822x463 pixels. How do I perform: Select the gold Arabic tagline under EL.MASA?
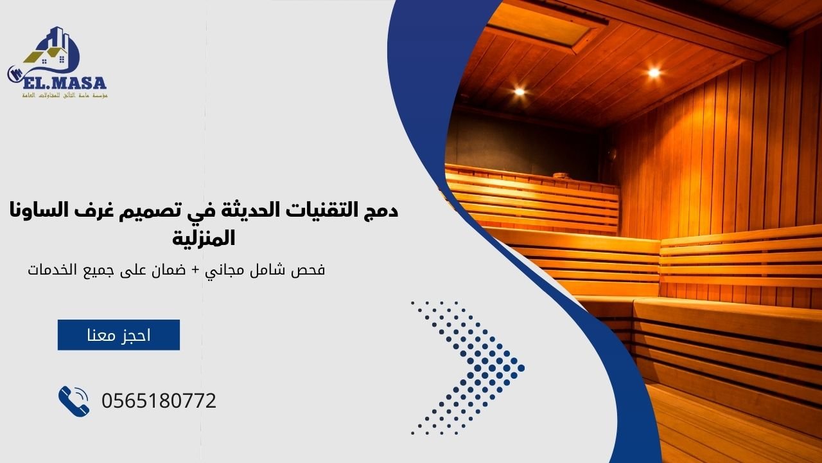click(x=64, y=95)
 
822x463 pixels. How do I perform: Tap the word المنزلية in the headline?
click(x=204, y=239)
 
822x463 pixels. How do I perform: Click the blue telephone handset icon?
click(x=74, y=401)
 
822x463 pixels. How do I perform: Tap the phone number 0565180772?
click(x=159, y=401)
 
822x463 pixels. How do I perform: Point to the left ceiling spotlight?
click(x=519, y=91)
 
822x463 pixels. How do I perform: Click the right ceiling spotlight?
click(x=654, y=73)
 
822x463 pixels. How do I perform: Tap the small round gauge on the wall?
click(x=612, y=154)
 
